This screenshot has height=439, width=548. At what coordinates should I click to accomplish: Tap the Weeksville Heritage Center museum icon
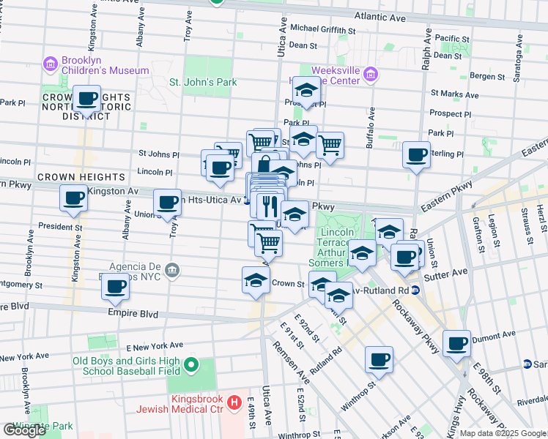371,74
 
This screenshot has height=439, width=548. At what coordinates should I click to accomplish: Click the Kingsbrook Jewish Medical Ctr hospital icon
234,402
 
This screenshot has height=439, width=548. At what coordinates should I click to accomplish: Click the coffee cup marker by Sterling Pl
417,155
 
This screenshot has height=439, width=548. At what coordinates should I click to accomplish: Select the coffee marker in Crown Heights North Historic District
87,99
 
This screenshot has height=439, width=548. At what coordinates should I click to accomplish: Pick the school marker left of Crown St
256,280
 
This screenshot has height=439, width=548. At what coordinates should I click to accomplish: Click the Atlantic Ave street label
379,15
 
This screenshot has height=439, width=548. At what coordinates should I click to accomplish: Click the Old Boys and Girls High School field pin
191,364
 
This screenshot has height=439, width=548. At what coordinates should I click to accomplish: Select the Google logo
25,429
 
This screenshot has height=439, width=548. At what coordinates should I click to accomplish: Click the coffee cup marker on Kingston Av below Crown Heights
74,198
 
